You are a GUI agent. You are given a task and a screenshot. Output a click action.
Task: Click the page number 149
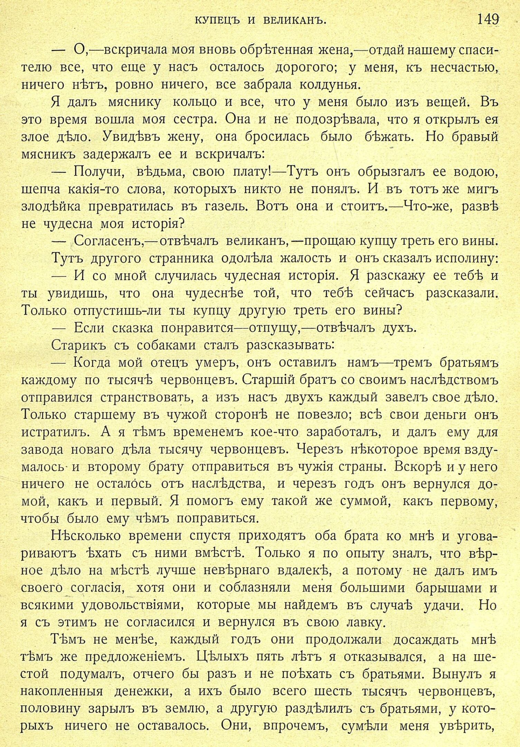488,19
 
